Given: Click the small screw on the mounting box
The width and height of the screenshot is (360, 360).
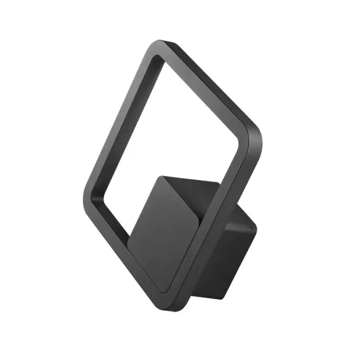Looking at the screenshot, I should [x=251, y=227].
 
